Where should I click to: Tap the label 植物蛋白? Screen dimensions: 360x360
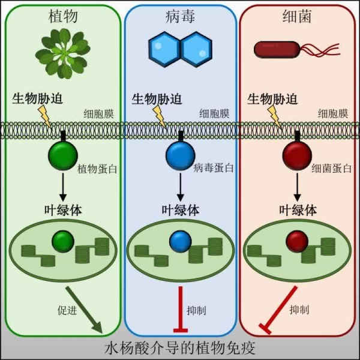[97, 169]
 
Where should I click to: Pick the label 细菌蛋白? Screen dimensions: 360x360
[331, 169]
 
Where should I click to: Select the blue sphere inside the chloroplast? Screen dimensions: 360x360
[179, 242]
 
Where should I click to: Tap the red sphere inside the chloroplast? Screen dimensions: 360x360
[297, 242]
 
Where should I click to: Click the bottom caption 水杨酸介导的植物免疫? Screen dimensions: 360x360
[180, 348]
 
